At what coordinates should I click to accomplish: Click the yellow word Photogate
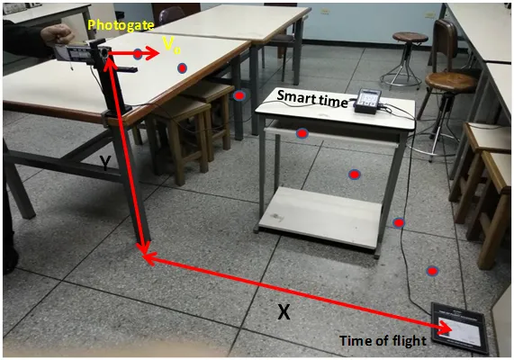[121, 25]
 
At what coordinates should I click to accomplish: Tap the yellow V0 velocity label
[171, 45]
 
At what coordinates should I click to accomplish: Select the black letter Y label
[105, 163]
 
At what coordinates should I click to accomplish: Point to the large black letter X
[284, 311]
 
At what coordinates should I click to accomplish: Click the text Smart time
[312, 99]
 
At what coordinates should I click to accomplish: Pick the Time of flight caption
[383, 341]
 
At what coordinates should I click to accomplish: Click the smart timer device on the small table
[368, 102]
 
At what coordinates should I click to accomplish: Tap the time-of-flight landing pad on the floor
[459, 328]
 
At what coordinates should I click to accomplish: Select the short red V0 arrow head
[152, 53]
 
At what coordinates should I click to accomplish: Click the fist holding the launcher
[58, 34]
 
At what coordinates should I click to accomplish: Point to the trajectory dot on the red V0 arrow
[138, 54]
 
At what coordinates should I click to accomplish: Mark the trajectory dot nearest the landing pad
[432, 271]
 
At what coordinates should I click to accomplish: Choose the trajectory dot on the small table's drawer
[302, 133]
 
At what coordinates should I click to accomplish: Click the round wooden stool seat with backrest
[451, 82]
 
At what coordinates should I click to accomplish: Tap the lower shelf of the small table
[320, 216]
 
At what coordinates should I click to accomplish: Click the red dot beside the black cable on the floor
[399, 223]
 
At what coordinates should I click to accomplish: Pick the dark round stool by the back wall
[410, 38]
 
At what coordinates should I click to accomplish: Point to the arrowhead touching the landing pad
[445, 328]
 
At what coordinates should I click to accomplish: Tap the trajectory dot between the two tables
[239, 95]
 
